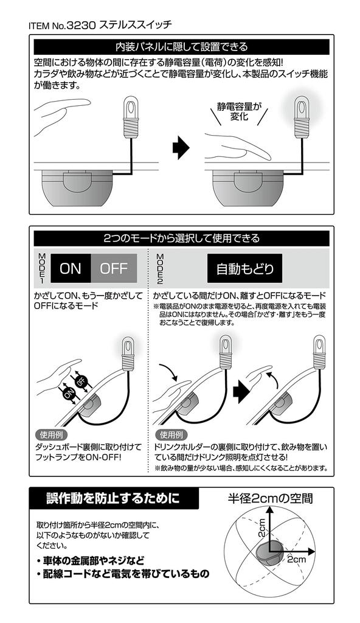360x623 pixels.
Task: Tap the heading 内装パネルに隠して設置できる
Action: (181, 47)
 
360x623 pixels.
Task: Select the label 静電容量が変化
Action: (239, 111)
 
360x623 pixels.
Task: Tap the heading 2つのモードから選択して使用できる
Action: (181, 238)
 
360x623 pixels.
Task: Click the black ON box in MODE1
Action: (71, 268)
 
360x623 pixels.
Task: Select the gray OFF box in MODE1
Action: (114, 268)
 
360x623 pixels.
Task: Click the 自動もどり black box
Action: (245, 268)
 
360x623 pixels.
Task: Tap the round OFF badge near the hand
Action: (81, 381)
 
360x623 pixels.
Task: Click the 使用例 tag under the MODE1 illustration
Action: (52, 434)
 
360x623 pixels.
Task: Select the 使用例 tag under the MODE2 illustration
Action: (171, 434)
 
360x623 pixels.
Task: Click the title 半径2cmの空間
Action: (271, 498)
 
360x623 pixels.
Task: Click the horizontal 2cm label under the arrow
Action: (296, 559)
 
